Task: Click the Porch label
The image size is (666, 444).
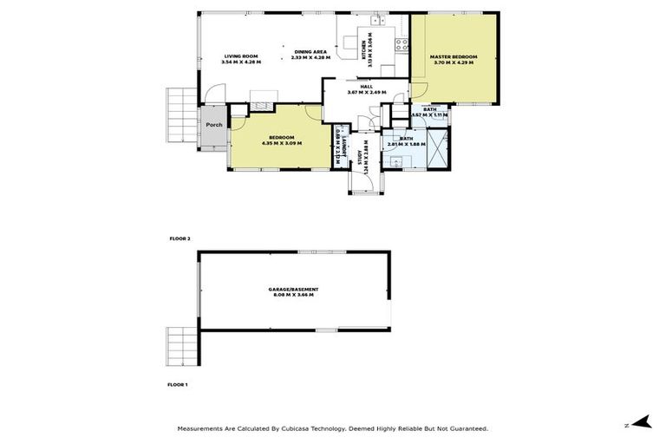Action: click(x=213, y=125)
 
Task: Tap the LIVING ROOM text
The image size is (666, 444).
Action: click(x=240, y=56)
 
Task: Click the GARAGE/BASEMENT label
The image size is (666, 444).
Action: click(x=293, y=289)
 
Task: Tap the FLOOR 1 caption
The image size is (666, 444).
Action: click(x=178, y=383)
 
